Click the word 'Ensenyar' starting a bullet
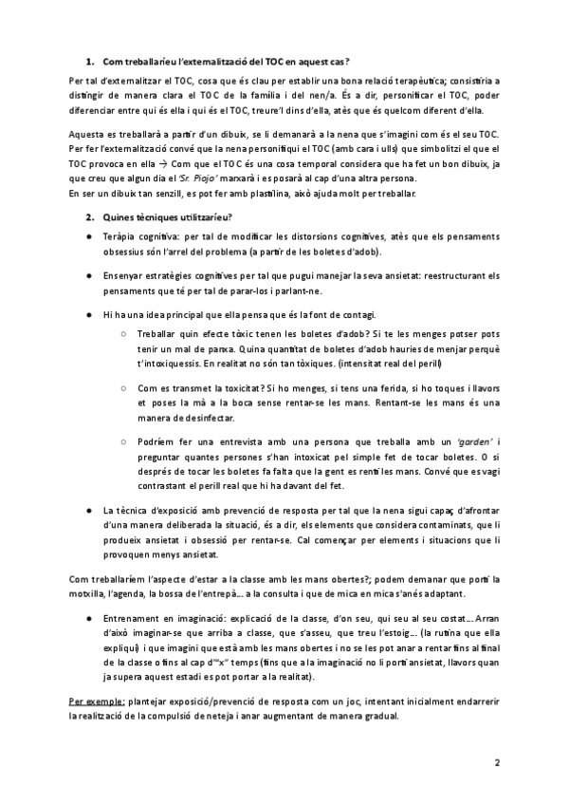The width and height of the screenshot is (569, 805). (x=128, y=276)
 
